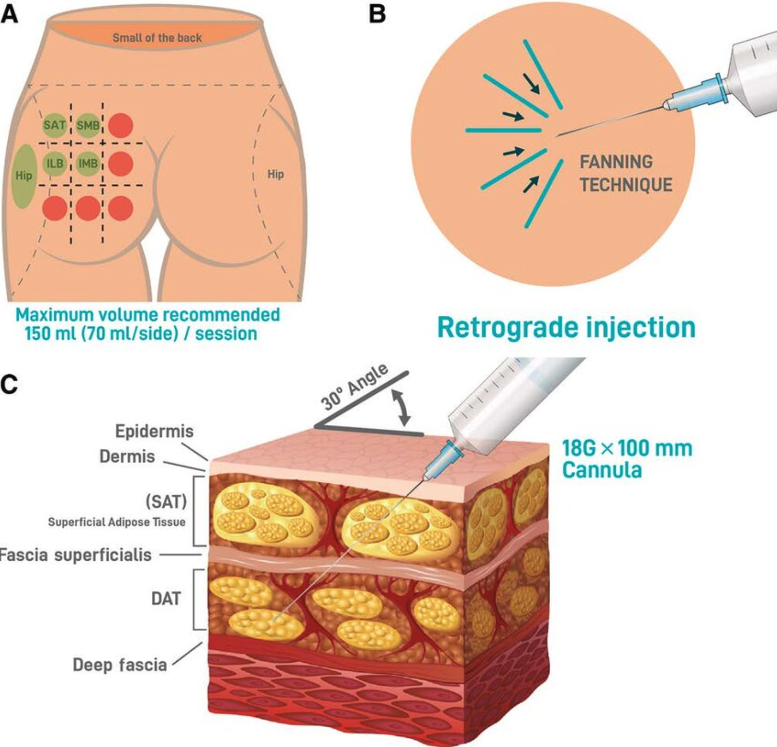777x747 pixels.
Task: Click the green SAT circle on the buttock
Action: (x=54, y=125)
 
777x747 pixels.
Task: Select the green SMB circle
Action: (x=88, y=125)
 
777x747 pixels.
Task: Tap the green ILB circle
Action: (x=55, y=163)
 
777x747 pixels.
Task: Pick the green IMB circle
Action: (x=88, y=163)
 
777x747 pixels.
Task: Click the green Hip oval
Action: (x=23, y=176)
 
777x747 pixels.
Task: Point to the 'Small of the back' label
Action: (x=157, y=37)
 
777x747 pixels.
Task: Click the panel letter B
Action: (x=378, y=13)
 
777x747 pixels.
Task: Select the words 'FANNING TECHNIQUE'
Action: (x=626, y=173)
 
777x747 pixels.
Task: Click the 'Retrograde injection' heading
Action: (x=566, y=327)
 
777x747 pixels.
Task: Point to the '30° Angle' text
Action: (x=354, y=387)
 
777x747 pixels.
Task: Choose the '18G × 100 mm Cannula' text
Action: (x=627, y=459)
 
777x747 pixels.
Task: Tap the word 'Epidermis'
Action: (x=154, y=431)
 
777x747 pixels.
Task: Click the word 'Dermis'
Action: (x=127, y=456)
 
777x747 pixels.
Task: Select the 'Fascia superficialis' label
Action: (x=76, y=555)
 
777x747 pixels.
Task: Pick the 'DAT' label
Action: (x=166, y=599)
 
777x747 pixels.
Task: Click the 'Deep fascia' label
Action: (x=120, y=665)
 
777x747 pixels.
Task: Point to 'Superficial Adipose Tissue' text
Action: (x=116, y=522)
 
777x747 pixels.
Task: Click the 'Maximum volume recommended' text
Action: (x=148, y=315)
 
